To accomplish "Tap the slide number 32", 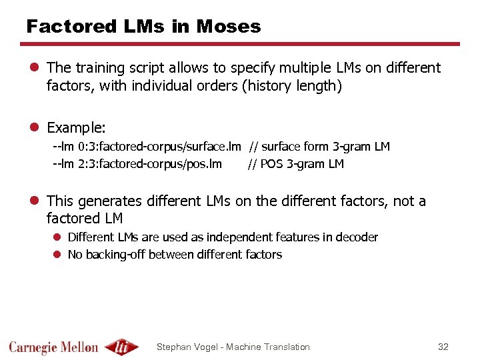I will coord(443,347).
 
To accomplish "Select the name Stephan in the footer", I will coord(174,347).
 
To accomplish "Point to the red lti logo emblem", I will coord(121,347).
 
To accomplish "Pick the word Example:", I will coord(76,127).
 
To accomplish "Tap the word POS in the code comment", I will coord(271,164).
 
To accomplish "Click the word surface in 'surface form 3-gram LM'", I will coord(281,147).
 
